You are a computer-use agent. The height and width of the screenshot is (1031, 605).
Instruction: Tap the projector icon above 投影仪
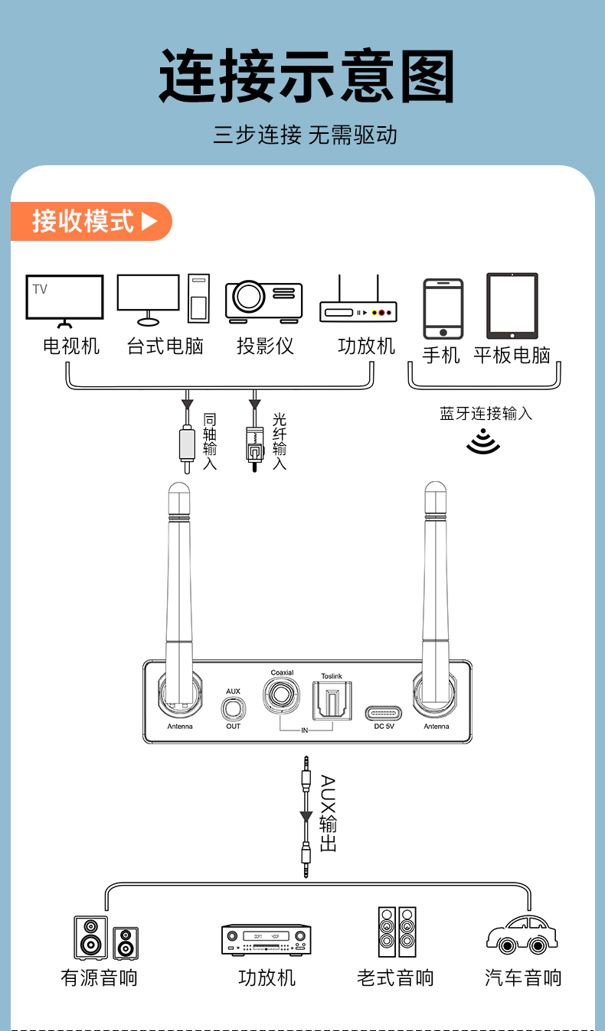coord(263,301)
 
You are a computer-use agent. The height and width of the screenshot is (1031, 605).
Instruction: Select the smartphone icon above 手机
coord(443,308)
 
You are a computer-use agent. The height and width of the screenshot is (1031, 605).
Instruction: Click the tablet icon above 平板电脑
coord(512,306)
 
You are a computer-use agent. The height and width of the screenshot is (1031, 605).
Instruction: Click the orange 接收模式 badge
coord(92,222)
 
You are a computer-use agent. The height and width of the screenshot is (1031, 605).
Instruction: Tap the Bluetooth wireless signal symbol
coord(483,442)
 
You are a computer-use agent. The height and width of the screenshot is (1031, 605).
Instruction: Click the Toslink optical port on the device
coord(332,701)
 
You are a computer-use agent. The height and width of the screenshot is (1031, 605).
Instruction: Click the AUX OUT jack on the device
coord(233,709)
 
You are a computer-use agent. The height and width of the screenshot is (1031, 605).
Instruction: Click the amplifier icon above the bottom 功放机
coord(267,939)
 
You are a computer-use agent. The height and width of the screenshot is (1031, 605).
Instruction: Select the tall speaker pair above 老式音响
coord(397,932)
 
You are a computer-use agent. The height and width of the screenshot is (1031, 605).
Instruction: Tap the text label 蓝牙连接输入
coord(486,414)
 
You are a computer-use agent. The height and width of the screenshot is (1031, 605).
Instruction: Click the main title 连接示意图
coord(306,76)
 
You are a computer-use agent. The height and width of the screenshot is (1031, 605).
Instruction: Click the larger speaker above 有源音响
coord(91,938)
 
